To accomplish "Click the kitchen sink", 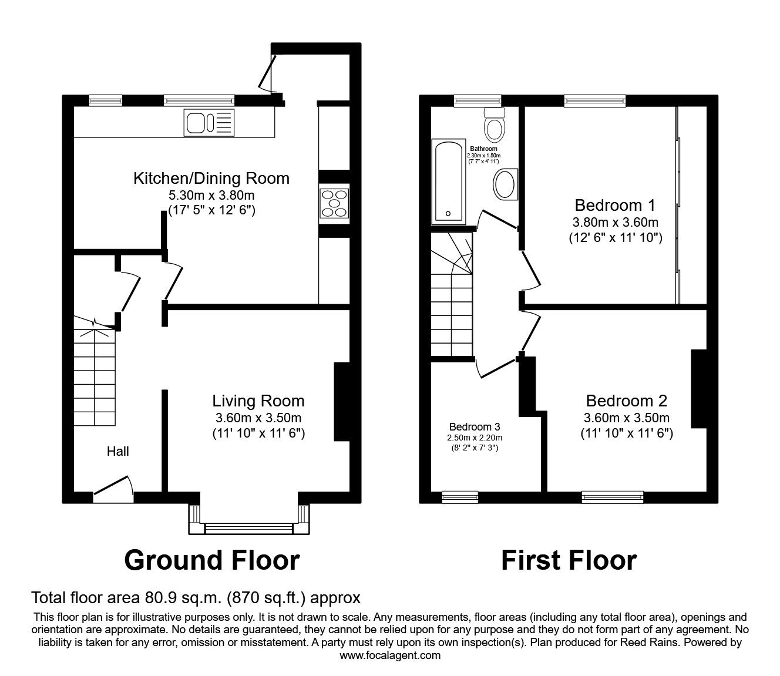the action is [209, 123].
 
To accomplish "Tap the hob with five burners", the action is [334, 204].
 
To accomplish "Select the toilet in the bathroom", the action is [495, 124].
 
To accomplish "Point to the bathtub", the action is [449, 181].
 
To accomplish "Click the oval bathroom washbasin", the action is [505, 184].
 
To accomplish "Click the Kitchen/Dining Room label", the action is [211, 178].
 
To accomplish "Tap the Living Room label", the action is [258, 401].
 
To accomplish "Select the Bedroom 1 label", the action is [615, 206].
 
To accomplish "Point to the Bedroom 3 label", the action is [475, 427].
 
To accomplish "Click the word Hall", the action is [117, 451].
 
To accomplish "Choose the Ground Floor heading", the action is [211, 560].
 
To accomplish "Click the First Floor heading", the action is [569, 560].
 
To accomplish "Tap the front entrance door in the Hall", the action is [113, 490].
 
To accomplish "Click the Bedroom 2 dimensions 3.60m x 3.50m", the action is [627, 418].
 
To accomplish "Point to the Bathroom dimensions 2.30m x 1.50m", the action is [484, 156].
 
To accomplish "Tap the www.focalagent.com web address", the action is [390, 655].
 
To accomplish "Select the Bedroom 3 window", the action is [460, 497].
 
